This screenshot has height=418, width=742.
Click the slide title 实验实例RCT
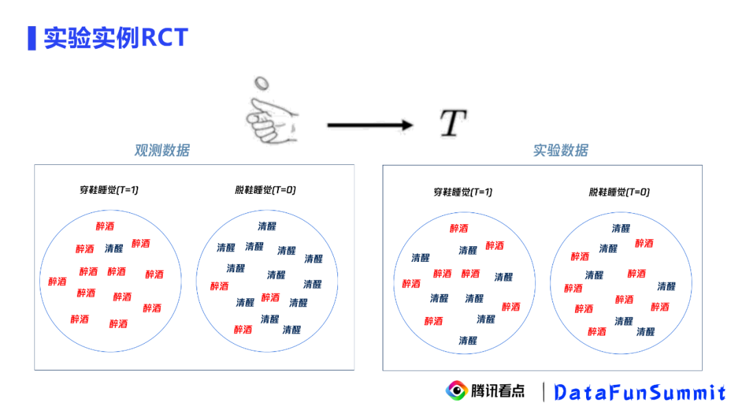tap(115, 38)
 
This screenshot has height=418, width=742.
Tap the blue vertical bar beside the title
tap(32, 38)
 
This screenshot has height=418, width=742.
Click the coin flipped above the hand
tap(261, 84)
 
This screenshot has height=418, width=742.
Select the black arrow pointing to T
tap(369, 125)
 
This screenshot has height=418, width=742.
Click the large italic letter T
tap(453, 124)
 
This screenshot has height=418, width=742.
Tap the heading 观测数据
tap(162, 151)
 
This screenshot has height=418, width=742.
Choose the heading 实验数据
tap(561, 151)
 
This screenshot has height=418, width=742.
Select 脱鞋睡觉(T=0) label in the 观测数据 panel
tap(265, 190)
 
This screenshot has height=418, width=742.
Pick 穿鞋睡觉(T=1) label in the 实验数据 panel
tap(463, 192)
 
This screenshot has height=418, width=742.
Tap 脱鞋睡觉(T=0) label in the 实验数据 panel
tap(619, 192)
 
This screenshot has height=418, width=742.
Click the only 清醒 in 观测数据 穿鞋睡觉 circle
tap(114, 248)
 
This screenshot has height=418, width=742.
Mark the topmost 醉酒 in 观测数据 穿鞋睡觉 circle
tap(105, 226)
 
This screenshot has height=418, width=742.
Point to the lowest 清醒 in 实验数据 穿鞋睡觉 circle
tap(468, 340)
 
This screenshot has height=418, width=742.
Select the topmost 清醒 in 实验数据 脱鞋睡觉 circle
tap(621, 228)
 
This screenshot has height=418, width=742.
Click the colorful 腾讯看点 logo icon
tap(456, 390)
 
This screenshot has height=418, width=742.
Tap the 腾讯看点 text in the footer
tap(497, 391)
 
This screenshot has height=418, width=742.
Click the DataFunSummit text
tap(640, 393)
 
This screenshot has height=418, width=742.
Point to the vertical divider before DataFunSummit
tap(544, 392)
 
